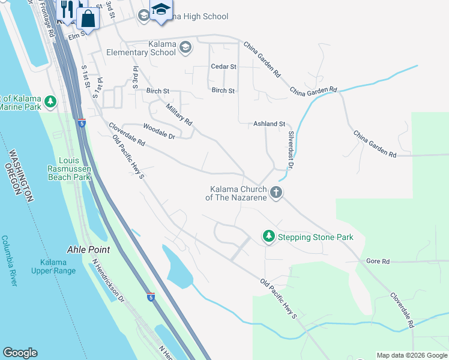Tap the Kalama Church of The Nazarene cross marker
coord(276,193)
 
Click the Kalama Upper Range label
coord(53,266)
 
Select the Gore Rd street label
coord(378,262)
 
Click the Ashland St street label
coord(269,124)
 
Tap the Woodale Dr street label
coord(159,131)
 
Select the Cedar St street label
coord(223,67)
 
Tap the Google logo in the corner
coord(20,353)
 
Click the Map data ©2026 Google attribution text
coord(412,355)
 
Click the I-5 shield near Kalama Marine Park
coord(81,123)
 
